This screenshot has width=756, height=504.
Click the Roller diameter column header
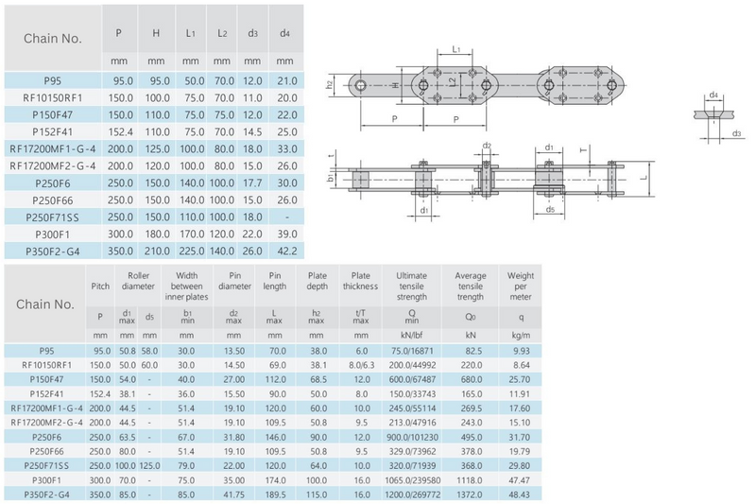click(133, 280)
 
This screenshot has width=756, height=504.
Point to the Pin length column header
click(273, 280)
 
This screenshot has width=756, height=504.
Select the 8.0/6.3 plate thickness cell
click(360, 362)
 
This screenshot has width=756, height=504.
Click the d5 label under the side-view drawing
click(550, 210)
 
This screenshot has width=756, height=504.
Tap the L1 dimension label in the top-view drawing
click(456, 47)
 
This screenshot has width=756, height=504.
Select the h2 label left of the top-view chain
click(330, 85)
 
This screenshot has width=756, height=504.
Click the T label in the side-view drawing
click(582, 149)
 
